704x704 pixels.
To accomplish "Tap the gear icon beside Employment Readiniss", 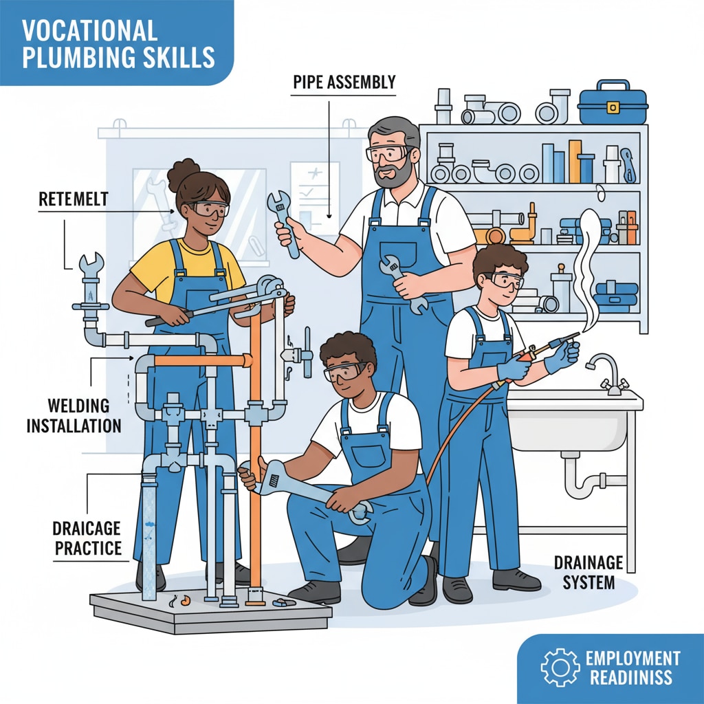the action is [560, 667].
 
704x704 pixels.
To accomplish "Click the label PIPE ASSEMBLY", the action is [344, 82].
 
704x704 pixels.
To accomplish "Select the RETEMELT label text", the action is [73, 199].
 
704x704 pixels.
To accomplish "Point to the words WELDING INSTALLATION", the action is [74, 415].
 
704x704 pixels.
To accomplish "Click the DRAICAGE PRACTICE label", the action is [87, 538].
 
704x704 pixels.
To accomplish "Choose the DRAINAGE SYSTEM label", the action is [588, 572].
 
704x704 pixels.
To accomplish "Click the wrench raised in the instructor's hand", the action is [283, 222].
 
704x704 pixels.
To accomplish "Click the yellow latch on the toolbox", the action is [613, 107].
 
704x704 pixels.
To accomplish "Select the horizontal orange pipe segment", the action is [201, 360].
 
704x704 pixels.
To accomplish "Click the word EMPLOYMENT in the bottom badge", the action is [632, 659].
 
